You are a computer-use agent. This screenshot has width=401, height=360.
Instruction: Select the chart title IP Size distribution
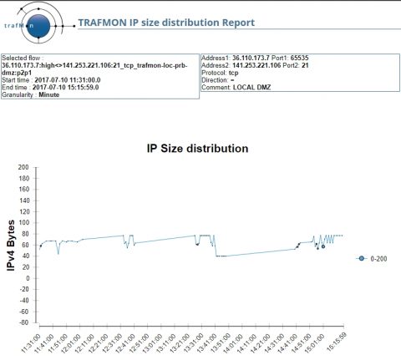pos(197,149)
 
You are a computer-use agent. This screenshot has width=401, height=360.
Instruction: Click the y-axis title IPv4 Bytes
pos(12,244)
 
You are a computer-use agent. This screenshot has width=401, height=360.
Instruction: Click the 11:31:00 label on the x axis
pos(35,342)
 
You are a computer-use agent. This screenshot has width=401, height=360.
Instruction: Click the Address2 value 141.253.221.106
pos(260,66)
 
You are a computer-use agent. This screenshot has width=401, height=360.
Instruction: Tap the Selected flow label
pos(21,59)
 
